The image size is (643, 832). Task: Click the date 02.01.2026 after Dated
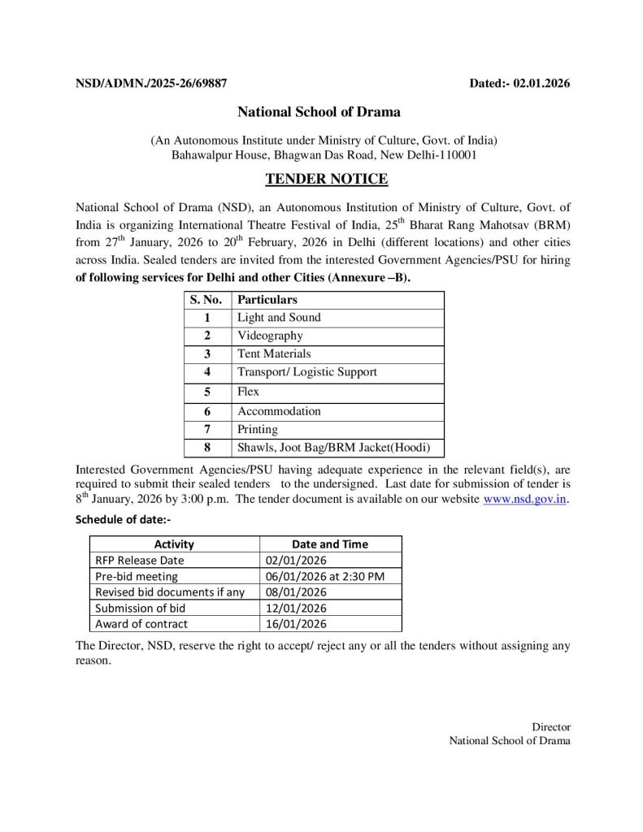(542, 83)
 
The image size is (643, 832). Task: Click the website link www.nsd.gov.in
(525, 500)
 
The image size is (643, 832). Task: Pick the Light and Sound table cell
(279, 318)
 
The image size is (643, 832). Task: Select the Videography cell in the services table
(270, 336)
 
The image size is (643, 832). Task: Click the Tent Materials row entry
(274, 353)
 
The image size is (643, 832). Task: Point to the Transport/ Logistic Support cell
(306, 372)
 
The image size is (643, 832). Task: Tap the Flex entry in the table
(248, 392)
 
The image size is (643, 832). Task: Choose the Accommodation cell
(279, 411)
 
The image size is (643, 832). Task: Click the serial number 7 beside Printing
(207, 429)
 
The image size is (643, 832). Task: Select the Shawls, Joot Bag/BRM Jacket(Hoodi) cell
(333, 448)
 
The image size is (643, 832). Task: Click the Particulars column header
(267, 300)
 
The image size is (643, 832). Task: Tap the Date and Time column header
(329, 544)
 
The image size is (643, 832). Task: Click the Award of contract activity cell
(141, 624)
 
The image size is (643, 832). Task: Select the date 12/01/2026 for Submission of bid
(296, 608)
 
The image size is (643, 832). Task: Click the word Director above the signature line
(551, 727)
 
